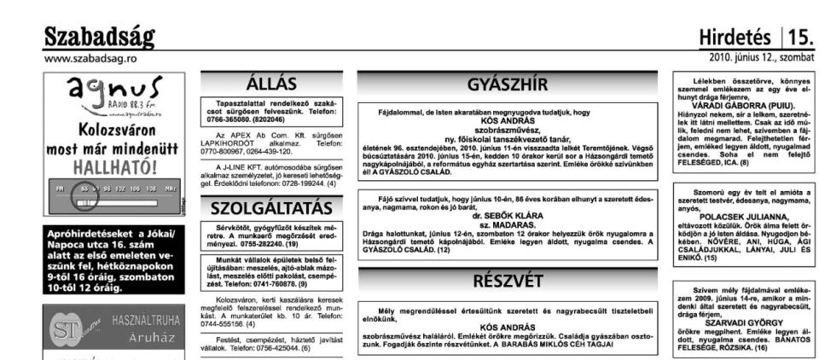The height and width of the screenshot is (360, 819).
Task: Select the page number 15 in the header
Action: click(801, 38)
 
